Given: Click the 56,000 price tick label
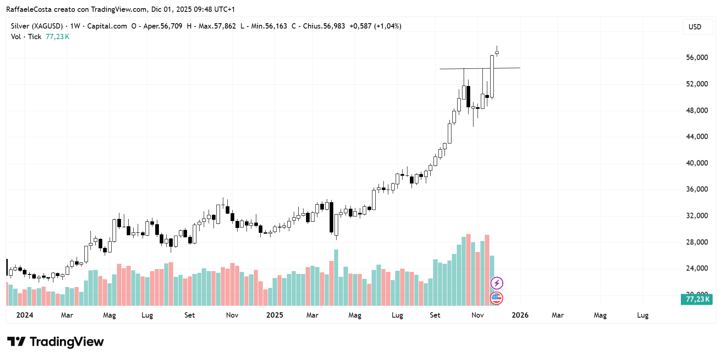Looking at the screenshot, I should click(x=697, y=57).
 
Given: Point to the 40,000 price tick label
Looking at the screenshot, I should click(x=697, y=163).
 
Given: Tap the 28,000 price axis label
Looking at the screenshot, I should click(x=697, y=242).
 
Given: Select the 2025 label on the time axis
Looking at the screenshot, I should click(x=275, y=315).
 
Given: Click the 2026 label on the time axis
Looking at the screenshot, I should click(x=520, y=315).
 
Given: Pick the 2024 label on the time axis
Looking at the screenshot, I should click(x=24, y=315).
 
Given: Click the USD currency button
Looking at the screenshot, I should click(x=695, y=27).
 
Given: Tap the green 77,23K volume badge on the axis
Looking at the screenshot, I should click(x=697, y=299).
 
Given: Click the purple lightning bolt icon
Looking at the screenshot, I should click(x=497, y=283).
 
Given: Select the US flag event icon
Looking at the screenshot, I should click(x=496, y=298).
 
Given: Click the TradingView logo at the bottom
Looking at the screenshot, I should click(x=55, y=342).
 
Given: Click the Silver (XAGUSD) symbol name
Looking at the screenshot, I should click(x=37, y=26).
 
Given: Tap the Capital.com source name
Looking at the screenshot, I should click(x=107, y=26).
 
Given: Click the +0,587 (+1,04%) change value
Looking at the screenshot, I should click(x=375, y=26).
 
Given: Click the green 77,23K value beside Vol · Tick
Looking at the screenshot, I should click(x=57, y=37).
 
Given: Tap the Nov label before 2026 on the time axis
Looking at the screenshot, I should click(x=478, y=315).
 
